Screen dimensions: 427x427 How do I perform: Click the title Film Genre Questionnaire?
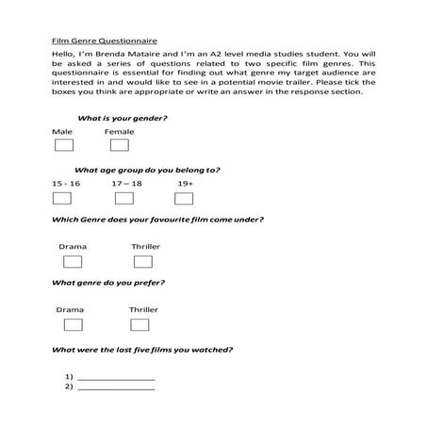pyautogui.click(x=104, y=41)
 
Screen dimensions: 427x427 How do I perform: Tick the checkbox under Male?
pyautogui.click(x=63, y=146)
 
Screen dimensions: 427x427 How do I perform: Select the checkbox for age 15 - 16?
pyautogui.click(x=61, y=198)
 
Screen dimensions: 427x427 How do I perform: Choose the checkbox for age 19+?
pyautogui.click(x=184, y=198)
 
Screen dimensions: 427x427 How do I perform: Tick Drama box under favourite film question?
pyautogui.click(x=73, y=261)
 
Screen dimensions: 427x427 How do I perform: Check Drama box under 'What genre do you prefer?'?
pyautogui.click(x=73, y=324)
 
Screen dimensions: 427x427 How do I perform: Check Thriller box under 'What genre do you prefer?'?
pyautogui.click(x=140, y=324)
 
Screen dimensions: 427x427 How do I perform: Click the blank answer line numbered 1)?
pyautogui.click(x=117, y=377)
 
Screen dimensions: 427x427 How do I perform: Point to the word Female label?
pyautogui.click(x=120, y=132)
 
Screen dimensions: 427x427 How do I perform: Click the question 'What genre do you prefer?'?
pyautogui.click(x=108, y=283)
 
